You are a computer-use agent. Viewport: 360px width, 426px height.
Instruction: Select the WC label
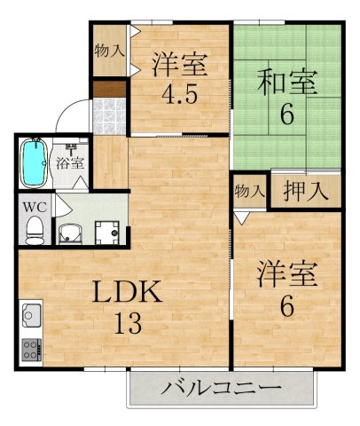coord(33,209)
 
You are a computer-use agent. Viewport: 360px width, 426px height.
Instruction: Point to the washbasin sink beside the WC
coord(68,233)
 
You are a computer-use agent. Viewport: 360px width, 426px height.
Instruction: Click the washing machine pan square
coord(107,231)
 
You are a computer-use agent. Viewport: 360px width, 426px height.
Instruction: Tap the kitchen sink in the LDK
coord(31,315)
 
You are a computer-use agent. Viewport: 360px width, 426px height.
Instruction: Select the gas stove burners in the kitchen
coord(31,347)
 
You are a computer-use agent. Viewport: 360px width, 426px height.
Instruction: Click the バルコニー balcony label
coord(222,389)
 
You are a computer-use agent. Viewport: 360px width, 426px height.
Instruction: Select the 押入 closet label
coord(305,190)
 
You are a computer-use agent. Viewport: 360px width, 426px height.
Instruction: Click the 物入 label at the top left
coord(110,51)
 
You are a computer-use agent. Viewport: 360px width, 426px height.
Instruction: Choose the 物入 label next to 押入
coord(249,190)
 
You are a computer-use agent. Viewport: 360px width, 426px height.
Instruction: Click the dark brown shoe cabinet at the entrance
coord(110,90)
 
